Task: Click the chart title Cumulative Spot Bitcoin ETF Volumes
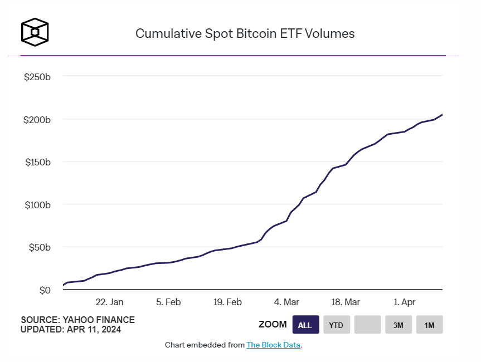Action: [245, 33]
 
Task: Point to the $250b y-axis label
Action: [37, 76]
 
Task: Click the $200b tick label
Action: [37, 119]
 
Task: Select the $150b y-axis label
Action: [37, 162]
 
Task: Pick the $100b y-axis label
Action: [37, 204]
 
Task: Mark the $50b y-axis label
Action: [39, 247]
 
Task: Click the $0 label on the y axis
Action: [45, 290]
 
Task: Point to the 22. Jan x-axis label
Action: [109, 302]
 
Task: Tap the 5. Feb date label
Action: [168, 302]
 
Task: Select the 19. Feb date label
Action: [227, 302]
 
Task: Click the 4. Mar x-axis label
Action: [286, 302]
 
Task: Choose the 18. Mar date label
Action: [345, 302]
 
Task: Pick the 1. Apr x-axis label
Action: [404, 302]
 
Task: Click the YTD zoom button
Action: [336, 325]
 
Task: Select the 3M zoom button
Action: [398, 325]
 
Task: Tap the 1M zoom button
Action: [429, 325]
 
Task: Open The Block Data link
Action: [273, 345]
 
